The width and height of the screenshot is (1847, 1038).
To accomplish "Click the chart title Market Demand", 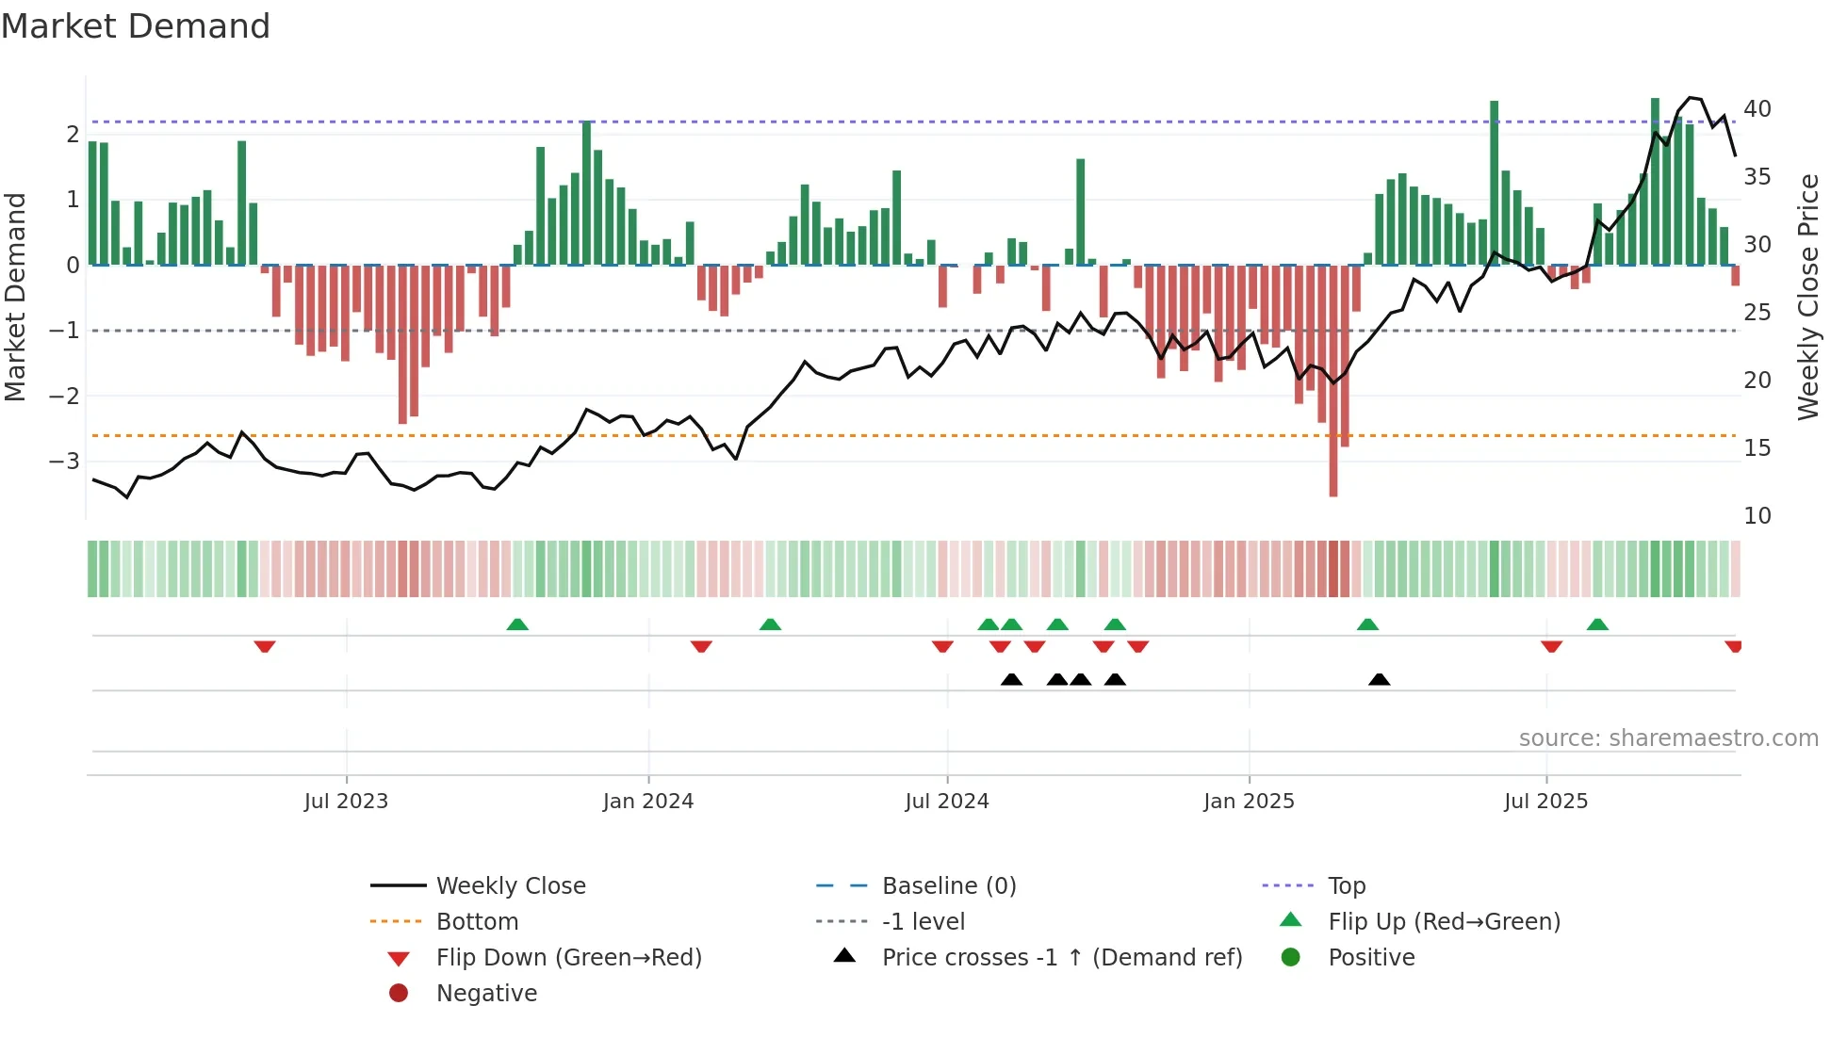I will pyautogui.click(x=136, y=26).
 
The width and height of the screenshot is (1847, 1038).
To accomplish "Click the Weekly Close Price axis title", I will pyautogui.click(x=1807, y=297).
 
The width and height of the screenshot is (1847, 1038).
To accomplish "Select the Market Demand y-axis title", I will pyautogui.click(x=15, y=297).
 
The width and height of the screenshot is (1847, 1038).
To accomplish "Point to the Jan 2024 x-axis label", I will pyautogui.click(x=648, y=802).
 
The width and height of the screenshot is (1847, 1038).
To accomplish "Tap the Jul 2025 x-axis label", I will pyautogui.click(x=1545, y=802).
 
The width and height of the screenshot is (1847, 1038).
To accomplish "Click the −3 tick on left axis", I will pyautogui.click(x=64, y=462).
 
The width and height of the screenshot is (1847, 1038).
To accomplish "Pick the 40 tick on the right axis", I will pyautogui.click(x=1757, y=109).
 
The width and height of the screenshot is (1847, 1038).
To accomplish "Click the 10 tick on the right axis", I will pyautogui.click(x=1757, y=516).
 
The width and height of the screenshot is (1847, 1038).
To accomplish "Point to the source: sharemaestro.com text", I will pyautogui.click(x=1668, y=738).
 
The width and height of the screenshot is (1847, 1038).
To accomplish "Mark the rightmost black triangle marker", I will pyautogui.click(x=1379, y=680).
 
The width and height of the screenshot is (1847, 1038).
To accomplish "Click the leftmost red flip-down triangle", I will pyautogui.click(x=265, y=646).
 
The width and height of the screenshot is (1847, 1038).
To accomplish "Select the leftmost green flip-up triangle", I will pyautogui.click(x=517, y=624).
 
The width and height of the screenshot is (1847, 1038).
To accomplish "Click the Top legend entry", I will pyautogui.click(x=1346, y=886).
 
